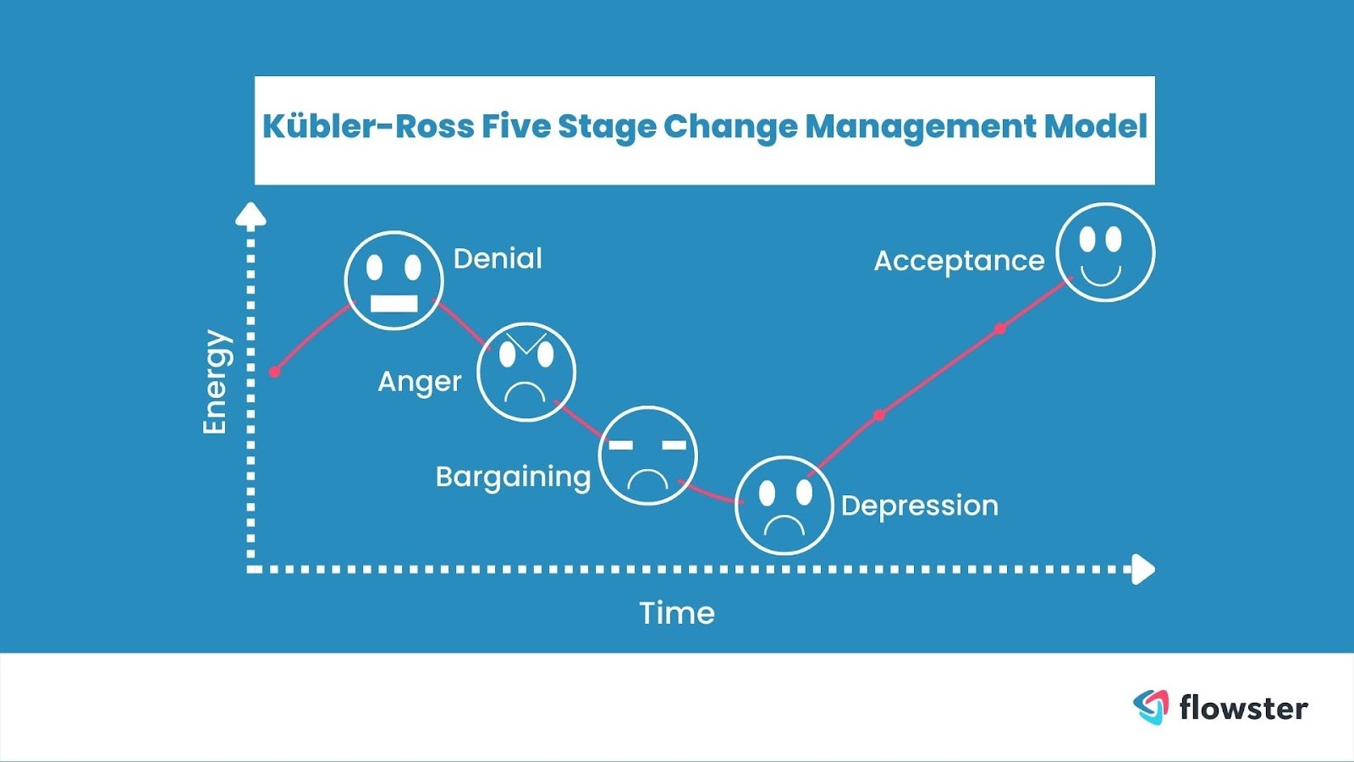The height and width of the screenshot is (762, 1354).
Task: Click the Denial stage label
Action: pyautogui.click(x=498, y=259)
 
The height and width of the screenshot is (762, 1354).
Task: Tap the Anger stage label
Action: pyautogui.click(x=420, y=382)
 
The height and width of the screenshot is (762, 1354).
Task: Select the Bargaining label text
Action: pyautogui.click(x=513, y=478)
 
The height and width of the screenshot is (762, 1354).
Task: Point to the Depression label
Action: pyautogui.click(x=919, y=506)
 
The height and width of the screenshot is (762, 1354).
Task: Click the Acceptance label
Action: pyautogui.click(x=960, y=262)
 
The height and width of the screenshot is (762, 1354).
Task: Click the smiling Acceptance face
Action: pyautogui.click(x=1105, y=251)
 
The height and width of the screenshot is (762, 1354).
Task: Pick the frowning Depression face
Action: pyautogui.click(x=784, y=505)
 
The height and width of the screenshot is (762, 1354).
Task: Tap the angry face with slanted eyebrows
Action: pyautogui.click(x=526, y=372)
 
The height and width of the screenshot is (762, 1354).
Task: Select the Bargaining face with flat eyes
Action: pyautogui.click(x=648, y=456)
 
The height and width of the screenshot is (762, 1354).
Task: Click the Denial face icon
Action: pyautogui.click(x=394, y=280)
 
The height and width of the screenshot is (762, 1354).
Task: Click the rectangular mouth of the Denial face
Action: pyautogui.click(x=394, y=303)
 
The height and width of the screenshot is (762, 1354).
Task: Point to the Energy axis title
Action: pyautogui.click(x=217, y=382)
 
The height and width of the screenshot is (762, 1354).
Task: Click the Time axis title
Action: pyautogui.click(x=677, y=613)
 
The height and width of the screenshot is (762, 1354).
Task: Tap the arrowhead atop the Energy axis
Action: pyautogui.click(x=250, y=214)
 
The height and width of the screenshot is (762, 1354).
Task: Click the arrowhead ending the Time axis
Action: pyautogui.click(x=1143, y=569)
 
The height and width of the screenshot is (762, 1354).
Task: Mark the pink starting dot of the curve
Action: pyautogui.click(x=274, y=372)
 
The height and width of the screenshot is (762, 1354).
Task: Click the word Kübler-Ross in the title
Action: pyautogui.click(x=368, y=126)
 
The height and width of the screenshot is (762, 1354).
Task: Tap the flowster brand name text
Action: pyautogui.click(x=1244, y=707)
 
